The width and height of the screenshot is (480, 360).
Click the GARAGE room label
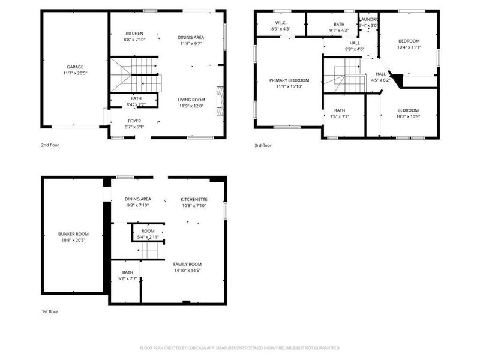[75, 67]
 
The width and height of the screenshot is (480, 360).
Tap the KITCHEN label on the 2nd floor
[134, 34]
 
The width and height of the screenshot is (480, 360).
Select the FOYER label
[134, 121]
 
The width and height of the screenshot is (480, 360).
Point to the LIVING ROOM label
[191, 100]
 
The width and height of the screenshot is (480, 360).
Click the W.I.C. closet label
[280, 24]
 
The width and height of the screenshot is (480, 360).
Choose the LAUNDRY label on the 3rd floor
[368, 19]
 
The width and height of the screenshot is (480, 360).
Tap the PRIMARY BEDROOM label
[289, 80]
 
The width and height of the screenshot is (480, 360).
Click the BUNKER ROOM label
[73, 233]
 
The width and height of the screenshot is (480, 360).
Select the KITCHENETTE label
[194, 199]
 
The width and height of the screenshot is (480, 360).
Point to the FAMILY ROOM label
[187, 264]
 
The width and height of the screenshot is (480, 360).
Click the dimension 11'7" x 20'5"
[75, 73]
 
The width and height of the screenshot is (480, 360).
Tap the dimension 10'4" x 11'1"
[409, 47]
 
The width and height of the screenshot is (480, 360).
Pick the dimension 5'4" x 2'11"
[148, 238]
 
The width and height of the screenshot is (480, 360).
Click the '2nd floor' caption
[50, 145]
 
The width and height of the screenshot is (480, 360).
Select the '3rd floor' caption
[263, 145]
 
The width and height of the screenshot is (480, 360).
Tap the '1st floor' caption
[50, 311]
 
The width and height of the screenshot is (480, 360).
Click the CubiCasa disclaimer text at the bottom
[240, 347]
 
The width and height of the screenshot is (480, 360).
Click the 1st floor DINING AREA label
[138, 199]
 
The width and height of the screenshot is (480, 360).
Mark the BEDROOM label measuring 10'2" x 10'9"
[408, 110]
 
